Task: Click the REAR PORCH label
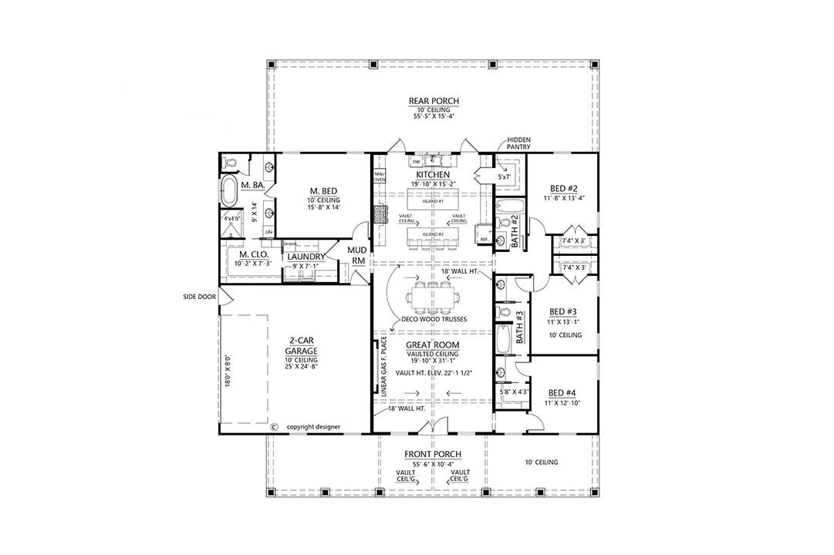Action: [x=434, y=101]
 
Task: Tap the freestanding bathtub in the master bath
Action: [x=229, y=192]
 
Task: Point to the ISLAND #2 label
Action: [x=433, y=234]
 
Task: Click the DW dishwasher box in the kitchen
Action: [x=416, y=162]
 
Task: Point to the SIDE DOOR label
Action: [x=198, y=295]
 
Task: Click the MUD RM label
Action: [x=357, y=255]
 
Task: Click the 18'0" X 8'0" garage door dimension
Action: [x=228, y=370]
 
